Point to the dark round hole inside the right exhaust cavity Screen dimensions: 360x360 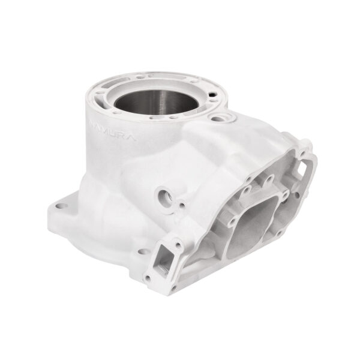pyautogui.click(x=295, y=193)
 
